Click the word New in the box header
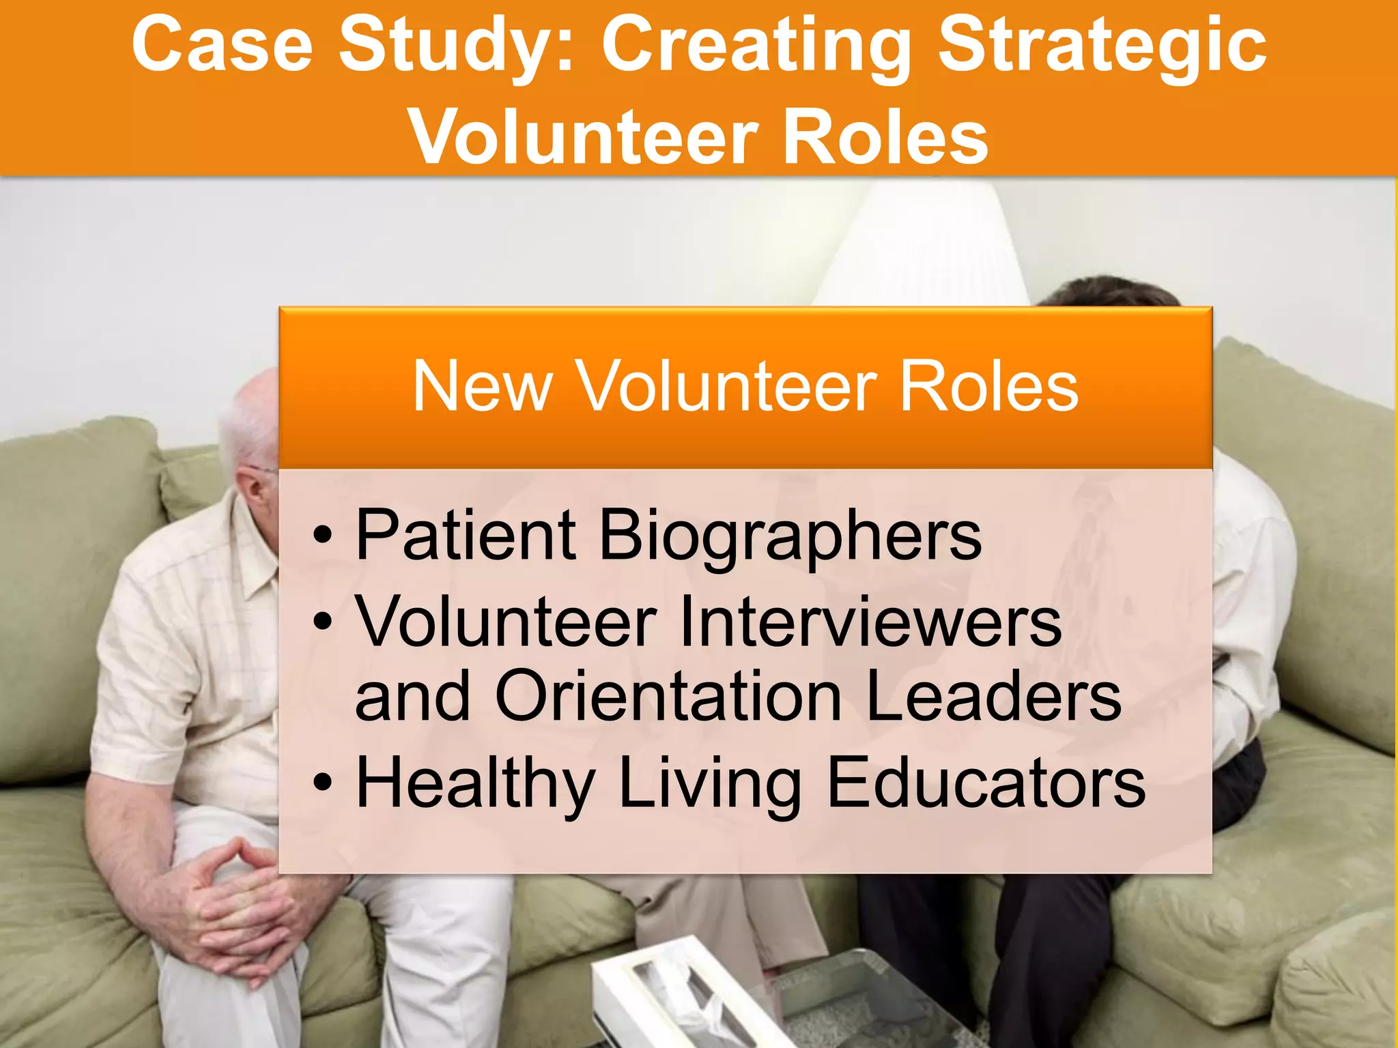pos(482,387)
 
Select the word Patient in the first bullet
pos(466,535)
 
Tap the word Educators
pos(986,783)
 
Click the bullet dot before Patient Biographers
pos(322,535)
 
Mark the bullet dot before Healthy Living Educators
pos(322,783)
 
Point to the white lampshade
pos(922,246)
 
